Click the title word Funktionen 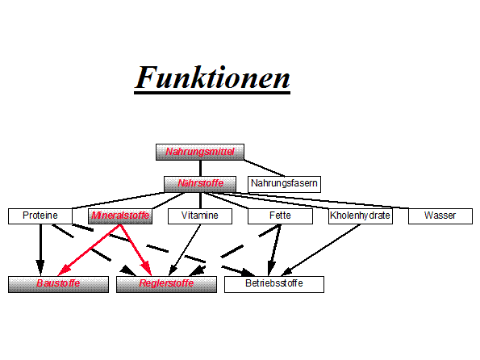point(212,77)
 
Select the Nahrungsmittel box point(200,152)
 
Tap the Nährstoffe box point(200,184)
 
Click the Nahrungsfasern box point(284,184)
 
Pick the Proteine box point(40,216)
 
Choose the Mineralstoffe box point(120,216)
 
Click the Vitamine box point(200,216)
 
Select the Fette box point(280,216)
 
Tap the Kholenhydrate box point(361,216)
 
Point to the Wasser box point(440,216)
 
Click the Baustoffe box point(58,284)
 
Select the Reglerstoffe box point(166,284)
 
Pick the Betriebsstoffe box point(274,284)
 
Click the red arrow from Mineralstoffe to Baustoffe point(89,250)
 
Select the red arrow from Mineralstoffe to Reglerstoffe point(136,250)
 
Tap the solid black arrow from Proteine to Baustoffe point(40,250)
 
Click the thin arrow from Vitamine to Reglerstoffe point(185,250)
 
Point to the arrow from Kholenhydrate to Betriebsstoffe point(320,250)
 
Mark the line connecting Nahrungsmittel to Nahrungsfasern point(265,168)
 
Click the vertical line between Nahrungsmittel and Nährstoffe point(200,168)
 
